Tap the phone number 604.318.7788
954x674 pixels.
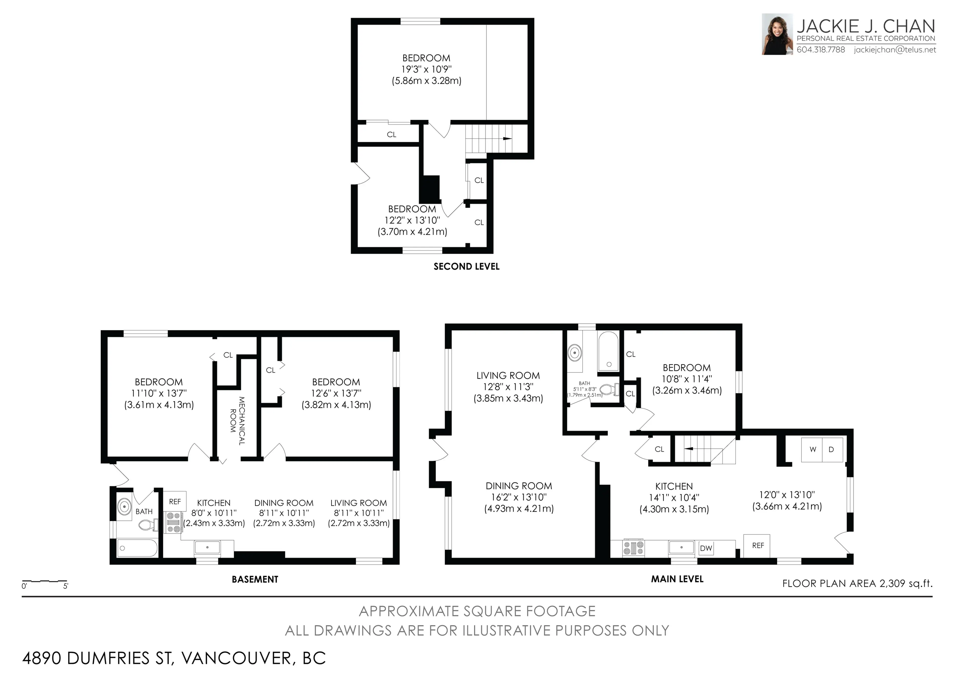[821, 50]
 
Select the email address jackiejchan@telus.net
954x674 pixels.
[895, 50]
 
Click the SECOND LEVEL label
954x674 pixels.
[466, 267]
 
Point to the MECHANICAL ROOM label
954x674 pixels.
[237, 421]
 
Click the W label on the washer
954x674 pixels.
[813, 449]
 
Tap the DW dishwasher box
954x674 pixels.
[706, 548]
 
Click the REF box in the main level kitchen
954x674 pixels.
[758, 546]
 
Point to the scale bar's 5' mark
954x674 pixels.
[66, 586]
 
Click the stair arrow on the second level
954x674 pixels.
[506, 139]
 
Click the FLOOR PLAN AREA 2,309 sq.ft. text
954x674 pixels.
[857, 583]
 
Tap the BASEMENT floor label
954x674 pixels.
[255, 579]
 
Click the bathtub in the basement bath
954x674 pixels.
[137, 548]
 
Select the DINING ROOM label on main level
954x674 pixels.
[518, 486]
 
